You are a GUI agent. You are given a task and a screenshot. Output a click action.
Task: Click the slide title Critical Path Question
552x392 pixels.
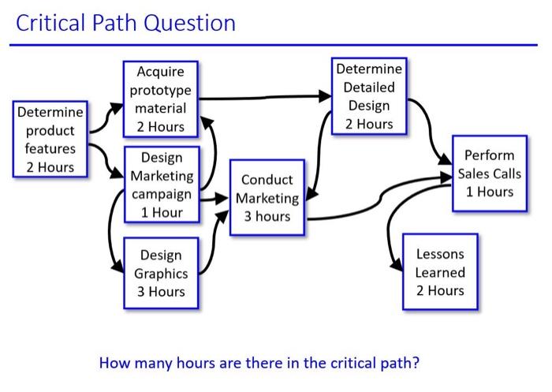[x=126, y=22]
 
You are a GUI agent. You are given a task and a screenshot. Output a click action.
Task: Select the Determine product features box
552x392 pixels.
[x=50, y=139]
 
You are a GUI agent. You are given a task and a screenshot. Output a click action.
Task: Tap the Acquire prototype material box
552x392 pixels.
[x=160, y=99]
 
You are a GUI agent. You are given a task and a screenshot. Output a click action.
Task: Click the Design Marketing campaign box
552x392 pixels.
[x=161, y=185]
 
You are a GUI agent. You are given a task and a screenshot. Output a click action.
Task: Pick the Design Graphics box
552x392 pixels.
[x=161, y=273]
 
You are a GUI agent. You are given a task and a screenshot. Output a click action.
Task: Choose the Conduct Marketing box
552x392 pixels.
[x=267, y=198]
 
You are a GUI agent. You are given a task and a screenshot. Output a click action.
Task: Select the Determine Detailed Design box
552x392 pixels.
[x=368, y=96]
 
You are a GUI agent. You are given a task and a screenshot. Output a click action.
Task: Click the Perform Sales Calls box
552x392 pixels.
[x=489, y=174]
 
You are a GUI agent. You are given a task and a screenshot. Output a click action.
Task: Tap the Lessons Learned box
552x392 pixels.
[x=440, y=272]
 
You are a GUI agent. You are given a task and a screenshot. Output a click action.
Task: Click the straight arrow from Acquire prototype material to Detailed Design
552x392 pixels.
[x=264, y=98]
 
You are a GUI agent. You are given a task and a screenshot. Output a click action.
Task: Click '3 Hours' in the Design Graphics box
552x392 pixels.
[x=161, y=292]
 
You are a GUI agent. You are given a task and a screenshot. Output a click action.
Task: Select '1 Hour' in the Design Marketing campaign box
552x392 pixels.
[x=161, y=212]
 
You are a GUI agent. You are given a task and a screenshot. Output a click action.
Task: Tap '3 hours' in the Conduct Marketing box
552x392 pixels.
[x=267, y=216]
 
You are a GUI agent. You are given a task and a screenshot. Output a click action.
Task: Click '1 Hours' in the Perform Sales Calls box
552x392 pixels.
[x=489, y=192]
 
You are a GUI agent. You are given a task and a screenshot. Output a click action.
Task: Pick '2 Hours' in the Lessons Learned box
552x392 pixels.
[x=440, y=290]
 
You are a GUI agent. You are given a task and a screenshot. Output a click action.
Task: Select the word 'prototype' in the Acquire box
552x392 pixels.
[x=160, y=90]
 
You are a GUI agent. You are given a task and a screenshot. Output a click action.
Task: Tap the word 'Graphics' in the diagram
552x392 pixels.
[x=161, y=274]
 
